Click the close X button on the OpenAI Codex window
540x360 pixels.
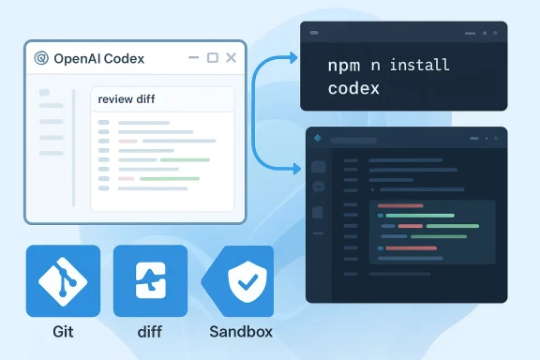[x=232, y=58]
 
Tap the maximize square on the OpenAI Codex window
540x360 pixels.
[x=213, y=58]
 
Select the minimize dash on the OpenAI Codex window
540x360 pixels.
[x=194, y=59]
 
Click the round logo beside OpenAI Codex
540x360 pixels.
[x=40, y=58]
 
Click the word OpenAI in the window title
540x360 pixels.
[x=78, y=58]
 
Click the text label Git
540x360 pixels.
[x=63, y=332]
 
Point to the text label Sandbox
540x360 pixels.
[x=243, y=332]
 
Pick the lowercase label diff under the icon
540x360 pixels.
[x=149, y=332]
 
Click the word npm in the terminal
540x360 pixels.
[x=343, y=67]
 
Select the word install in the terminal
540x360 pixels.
[x=418, y=67]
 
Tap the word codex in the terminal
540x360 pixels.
[x=353, y=89]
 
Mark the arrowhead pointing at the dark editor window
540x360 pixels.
[x=296, y=170]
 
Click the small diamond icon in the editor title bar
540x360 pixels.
[x=317, y=139]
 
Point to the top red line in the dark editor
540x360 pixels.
[x=398, y=204]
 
